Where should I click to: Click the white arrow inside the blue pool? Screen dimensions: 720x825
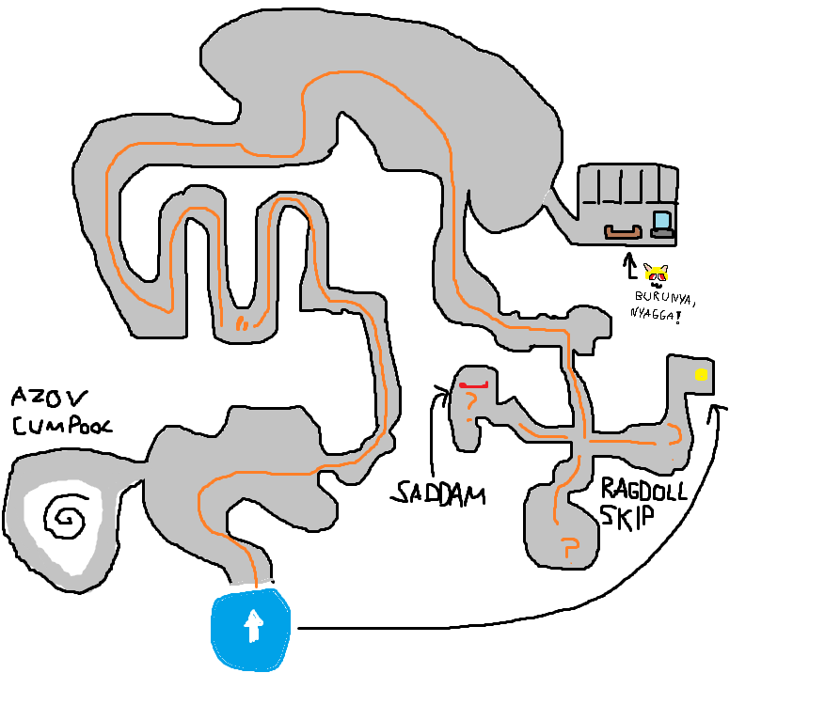pyautogui.click(x=252, y=625)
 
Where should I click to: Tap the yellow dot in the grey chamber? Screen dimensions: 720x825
pyautogui.click(x=701, y=374)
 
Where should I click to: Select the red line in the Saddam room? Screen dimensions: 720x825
pyautogui.click(x=475, y=383)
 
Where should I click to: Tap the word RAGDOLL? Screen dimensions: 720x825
pyautogui.click(x=644, y=490)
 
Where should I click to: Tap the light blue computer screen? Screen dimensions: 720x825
pyautogui.click(x=663, y=221)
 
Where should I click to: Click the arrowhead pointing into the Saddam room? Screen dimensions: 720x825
pyautogui.click(x=441, y=388)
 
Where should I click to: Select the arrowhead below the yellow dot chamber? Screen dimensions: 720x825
pyautogui.click(x=720, y=406)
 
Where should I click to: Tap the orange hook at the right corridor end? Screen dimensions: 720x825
pyautogui.click(x=675, y=433)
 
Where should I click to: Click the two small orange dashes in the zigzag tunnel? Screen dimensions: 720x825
pyautogui.click(x=242, y=324)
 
